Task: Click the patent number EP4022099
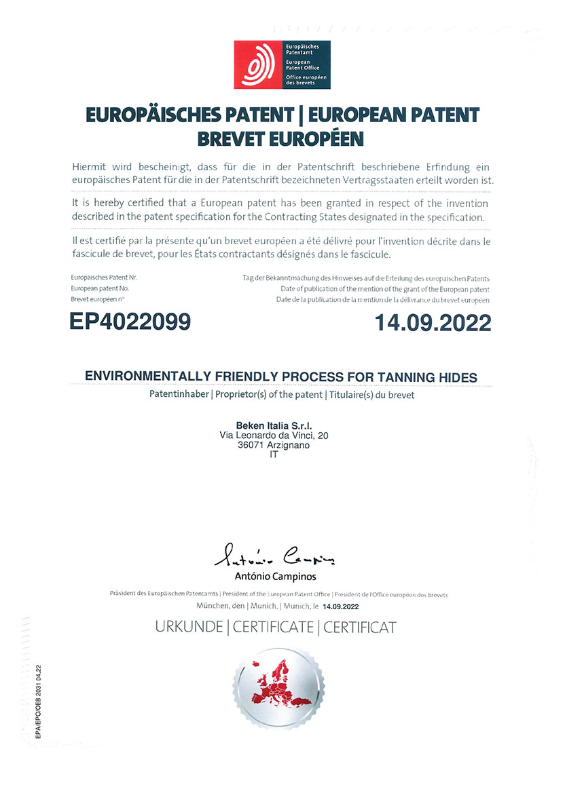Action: click(130, 322)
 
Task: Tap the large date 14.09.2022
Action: click(433, 322)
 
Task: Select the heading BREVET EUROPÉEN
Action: click(280, 138)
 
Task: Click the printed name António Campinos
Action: click(275, 577)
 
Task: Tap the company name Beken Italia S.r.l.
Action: click(274, 425)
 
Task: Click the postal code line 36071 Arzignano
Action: click(274, 444)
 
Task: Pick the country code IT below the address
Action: click(274, 455)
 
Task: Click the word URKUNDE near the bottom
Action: click(189, 627)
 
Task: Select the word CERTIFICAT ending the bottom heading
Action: click(359, 627)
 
